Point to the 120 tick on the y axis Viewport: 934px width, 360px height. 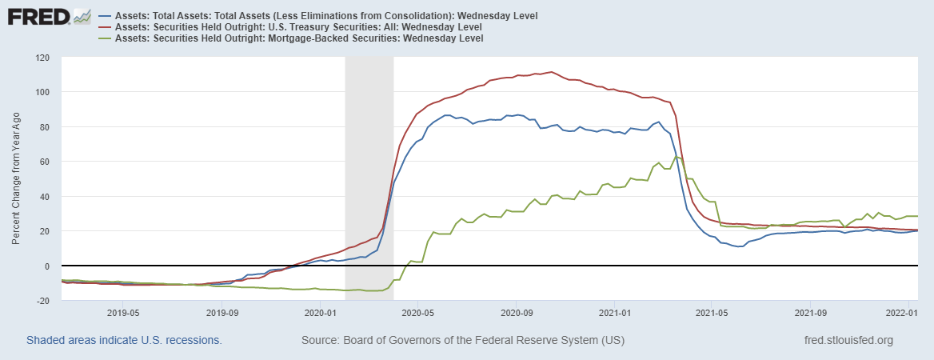pyautogui.click(x=42, y=58)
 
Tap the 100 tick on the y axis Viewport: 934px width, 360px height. pyautogui.click(x=42, y=92)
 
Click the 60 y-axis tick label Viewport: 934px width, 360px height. pyautogui.click(x=45, y=162)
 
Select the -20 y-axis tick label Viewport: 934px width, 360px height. pyautogui.click(x=42, y=301)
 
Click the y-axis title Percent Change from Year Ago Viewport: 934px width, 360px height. pyautogui.click(x=17, y=178)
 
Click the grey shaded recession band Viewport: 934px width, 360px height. pyautogui.click(x=369, y=160)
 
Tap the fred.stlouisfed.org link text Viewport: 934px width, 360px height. pyautogui.click(x=848, y=341)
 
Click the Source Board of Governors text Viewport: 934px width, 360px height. pyautogui.click(x=463, y=341)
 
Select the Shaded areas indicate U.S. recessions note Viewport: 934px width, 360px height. pyautogui.click(x=124, y=341)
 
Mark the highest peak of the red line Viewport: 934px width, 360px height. pyautogui.click(x=551, y=72)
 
